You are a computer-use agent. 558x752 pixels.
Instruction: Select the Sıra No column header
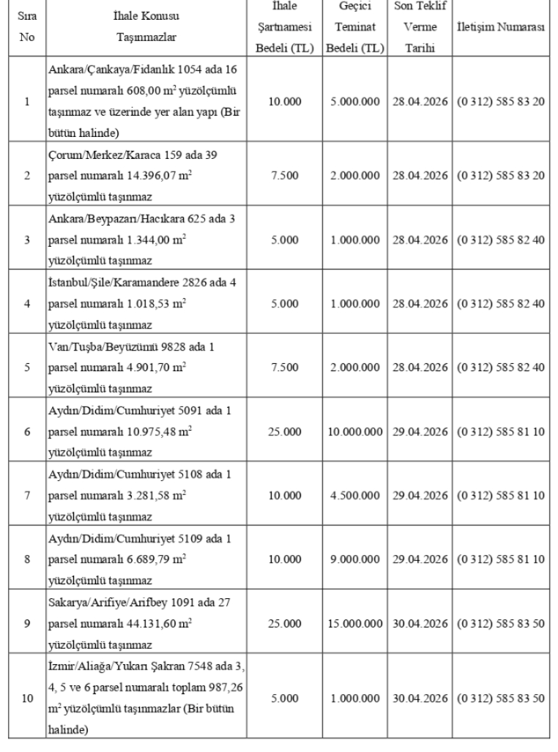tap(26, 27)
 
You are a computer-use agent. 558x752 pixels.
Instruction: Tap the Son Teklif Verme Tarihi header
tap(420, 27)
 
